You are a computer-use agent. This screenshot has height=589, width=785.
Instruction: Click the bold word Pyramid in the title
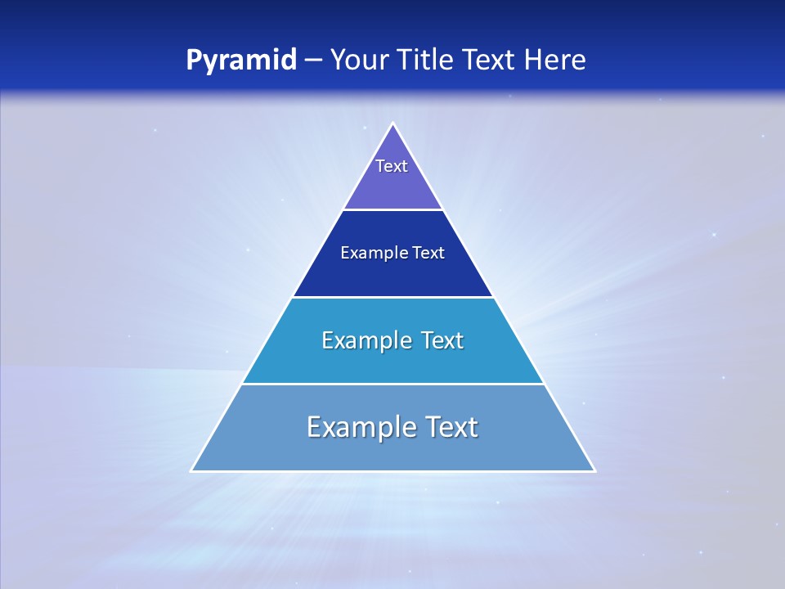(x=241, y=61)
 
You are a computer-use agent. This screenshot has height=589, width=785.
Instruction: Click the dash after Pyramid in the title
(x=312, y=61)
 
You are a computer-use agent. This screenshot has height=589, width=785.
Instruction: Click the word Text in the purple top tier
(x=392, y=166)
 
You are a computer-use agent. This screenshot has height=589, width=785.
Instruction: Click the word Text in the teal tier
(x=442, y=340)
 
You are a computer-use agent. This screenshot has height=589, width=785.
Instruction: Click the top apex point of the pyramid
(x=392, y=124)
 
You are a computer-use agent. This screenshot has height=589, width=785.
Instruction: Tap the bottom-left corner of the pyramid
(x=192, y=470)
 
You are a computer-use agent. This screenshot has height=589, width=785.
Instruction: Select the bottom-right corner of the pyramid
(x=594, y=470)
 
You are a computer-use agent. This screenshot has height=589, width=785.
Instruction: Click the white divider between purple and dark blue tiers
(x=392, y=209)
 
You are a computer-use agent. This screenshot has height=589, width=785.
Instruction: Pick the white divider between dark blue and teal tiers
(x=392, y=297)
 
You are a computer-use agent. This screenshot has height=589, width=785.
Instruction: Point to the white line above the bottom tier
(x=392, y=384)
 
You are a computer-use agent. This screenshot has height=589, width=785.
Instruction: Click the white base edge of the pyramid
(x=392, y=471)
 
